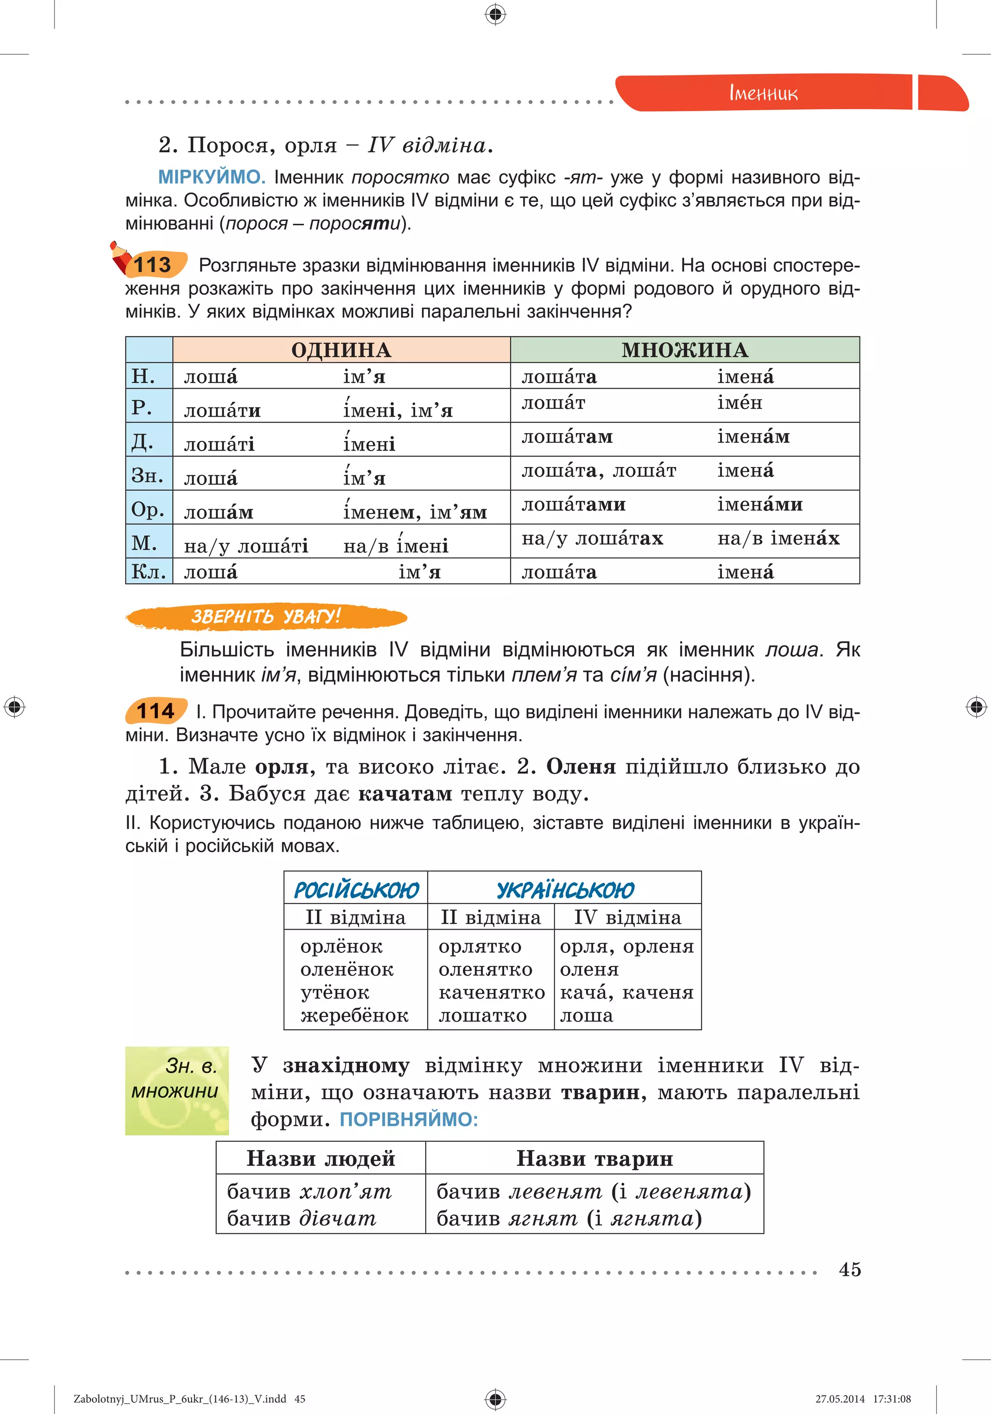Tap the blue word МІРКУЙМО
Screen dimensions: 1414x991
[211, 177]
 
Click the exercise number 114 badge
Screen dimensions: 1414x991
[155, 711]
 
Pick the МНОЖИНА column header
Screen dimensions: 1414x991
[684, 350]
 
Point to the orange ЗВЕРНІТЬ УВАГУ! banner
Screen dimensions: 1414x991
[266, 616]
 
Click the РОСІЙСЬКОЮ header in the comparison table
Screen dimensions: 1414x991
[356, 890]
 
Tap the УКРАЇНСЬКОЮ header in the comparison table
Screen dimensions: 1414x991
[565, 890]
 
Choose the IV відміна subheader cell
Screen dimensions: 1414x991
[628, 918]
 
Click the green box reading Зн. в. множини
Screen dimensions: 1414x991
[177, 1091]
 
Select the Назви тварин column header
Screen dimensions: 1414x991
[594, 1158]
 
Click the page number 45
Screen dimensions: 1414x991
[849, 1269]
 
